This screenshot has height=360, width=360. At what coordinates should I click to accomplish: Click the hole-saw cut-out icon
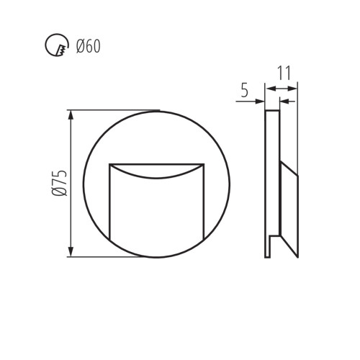click(x=54, y=47)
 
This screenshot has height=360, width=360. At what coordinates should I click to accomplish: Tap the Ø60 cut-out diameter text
click(x=88, y=47)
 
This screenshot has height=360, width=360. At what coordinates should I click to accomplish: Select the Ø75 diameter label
click(x=60, y=183)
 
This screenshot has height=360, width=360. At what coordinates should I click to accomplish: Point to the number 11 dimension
click(x=283, y=73)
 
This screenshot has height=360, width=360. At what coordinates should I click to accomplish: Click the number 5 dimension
click(x=244, y=90)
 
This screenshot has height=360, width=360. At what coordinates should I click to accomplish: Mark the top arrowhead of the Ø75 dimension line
click(x=71, y=114)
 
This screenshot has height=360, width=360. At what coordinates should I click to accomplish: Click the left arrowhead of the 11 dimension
click(x=269, y=88)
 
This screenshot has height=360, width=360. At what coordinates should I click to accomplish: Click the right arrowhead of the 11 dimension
click(x=294, y=88)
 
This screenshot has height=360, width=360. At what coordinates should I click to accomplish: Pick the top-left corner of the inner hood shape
click(x=109, y=165)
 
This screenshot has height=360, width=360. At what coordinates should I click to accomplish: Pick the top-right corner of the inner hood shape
click(x=204, y=165)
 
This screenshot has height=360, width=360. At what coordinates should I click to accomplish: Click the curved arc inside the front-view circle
click(x=156, y=176)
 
